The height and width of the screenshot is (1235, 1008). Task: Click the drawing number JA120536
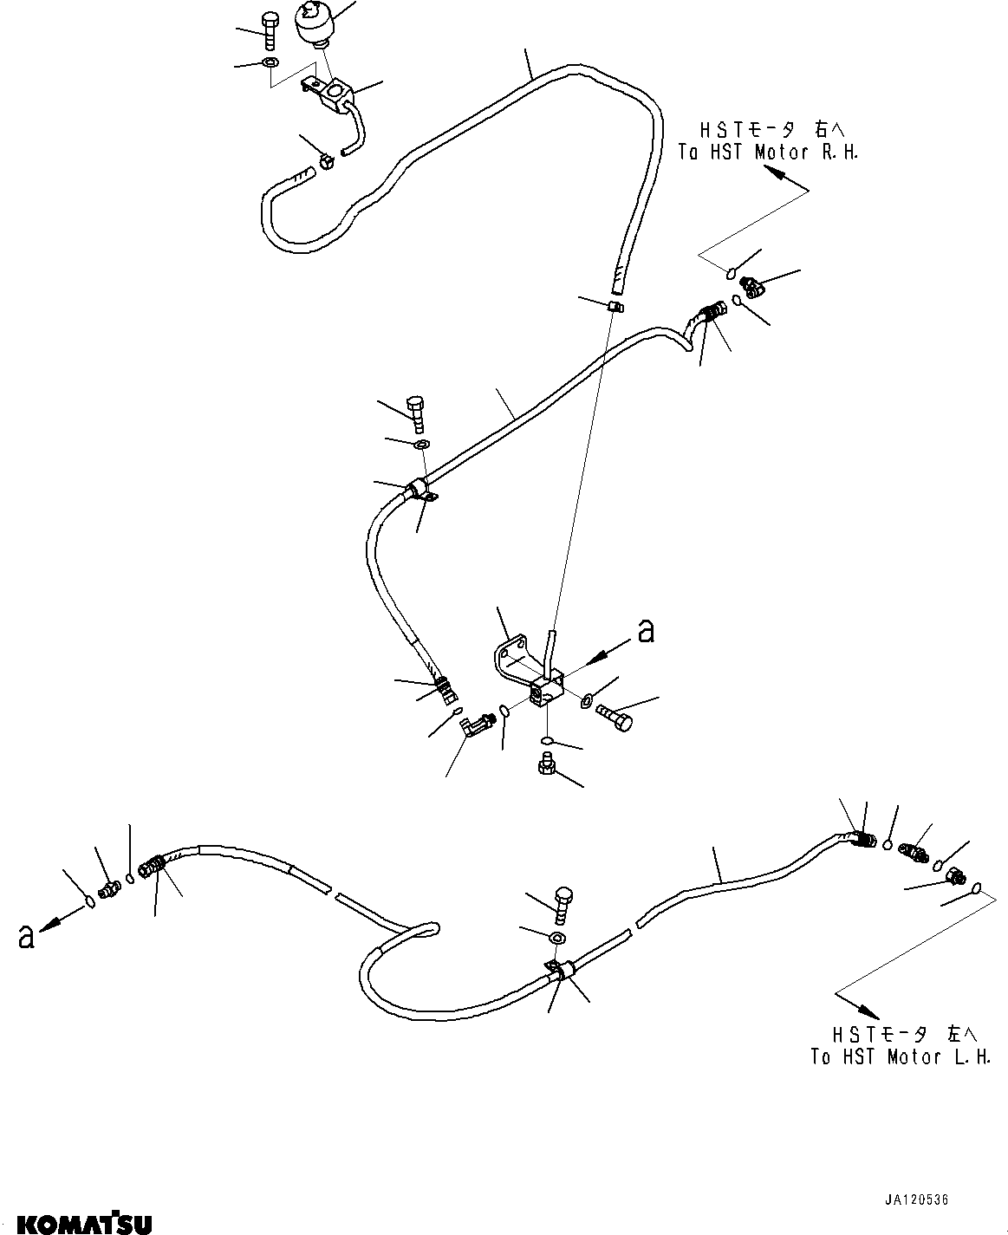tap(917, 1201)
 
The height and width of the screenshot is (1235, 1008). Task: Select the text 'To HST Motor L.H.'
tap(901, 1056)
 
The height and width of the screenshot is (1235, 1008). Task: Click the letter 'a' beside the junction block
tap(646, 632)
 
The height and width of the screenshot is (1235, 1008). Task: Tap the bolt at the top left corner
tap(270, 31)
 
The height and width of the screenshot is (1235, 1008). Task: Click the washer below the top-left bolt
tap(270, 63)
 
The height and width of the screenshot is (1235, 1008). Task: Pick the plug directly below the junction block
tap(546, 764)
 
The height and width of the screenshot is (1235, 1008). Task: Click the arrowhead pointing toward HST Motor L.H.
tap(869, 1011)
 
